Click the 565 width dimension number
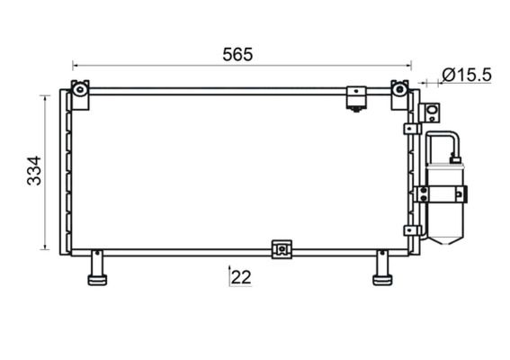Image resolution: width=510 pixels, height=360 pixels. click(x=237, y=55)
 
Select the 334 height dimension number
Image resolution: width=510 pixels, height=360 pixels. click(x=34, y=171)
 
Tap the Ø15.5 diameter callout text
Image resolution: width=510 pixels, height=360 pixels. click(x=467, y=76)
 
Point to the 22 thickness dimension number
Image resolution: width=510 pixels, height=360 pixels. click(x=241, y=277)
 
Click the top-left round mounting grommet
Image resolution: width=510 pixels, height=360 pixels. click(x=80, y=89)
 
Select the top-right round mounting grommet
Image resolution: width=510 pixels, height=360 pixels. click(x=399, y=89)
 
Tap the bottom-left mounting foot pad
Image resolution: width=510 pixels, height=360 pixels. click(x=97, y=280)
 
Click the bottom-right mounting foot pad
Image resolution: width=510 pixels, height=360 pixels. click(x=382, y=280)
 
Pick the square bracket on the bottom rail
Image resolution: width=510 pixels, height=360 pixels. click(x=282, y=249)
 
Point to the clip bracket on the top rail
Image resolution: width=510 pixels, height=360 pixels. click(x=356, y=99)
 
